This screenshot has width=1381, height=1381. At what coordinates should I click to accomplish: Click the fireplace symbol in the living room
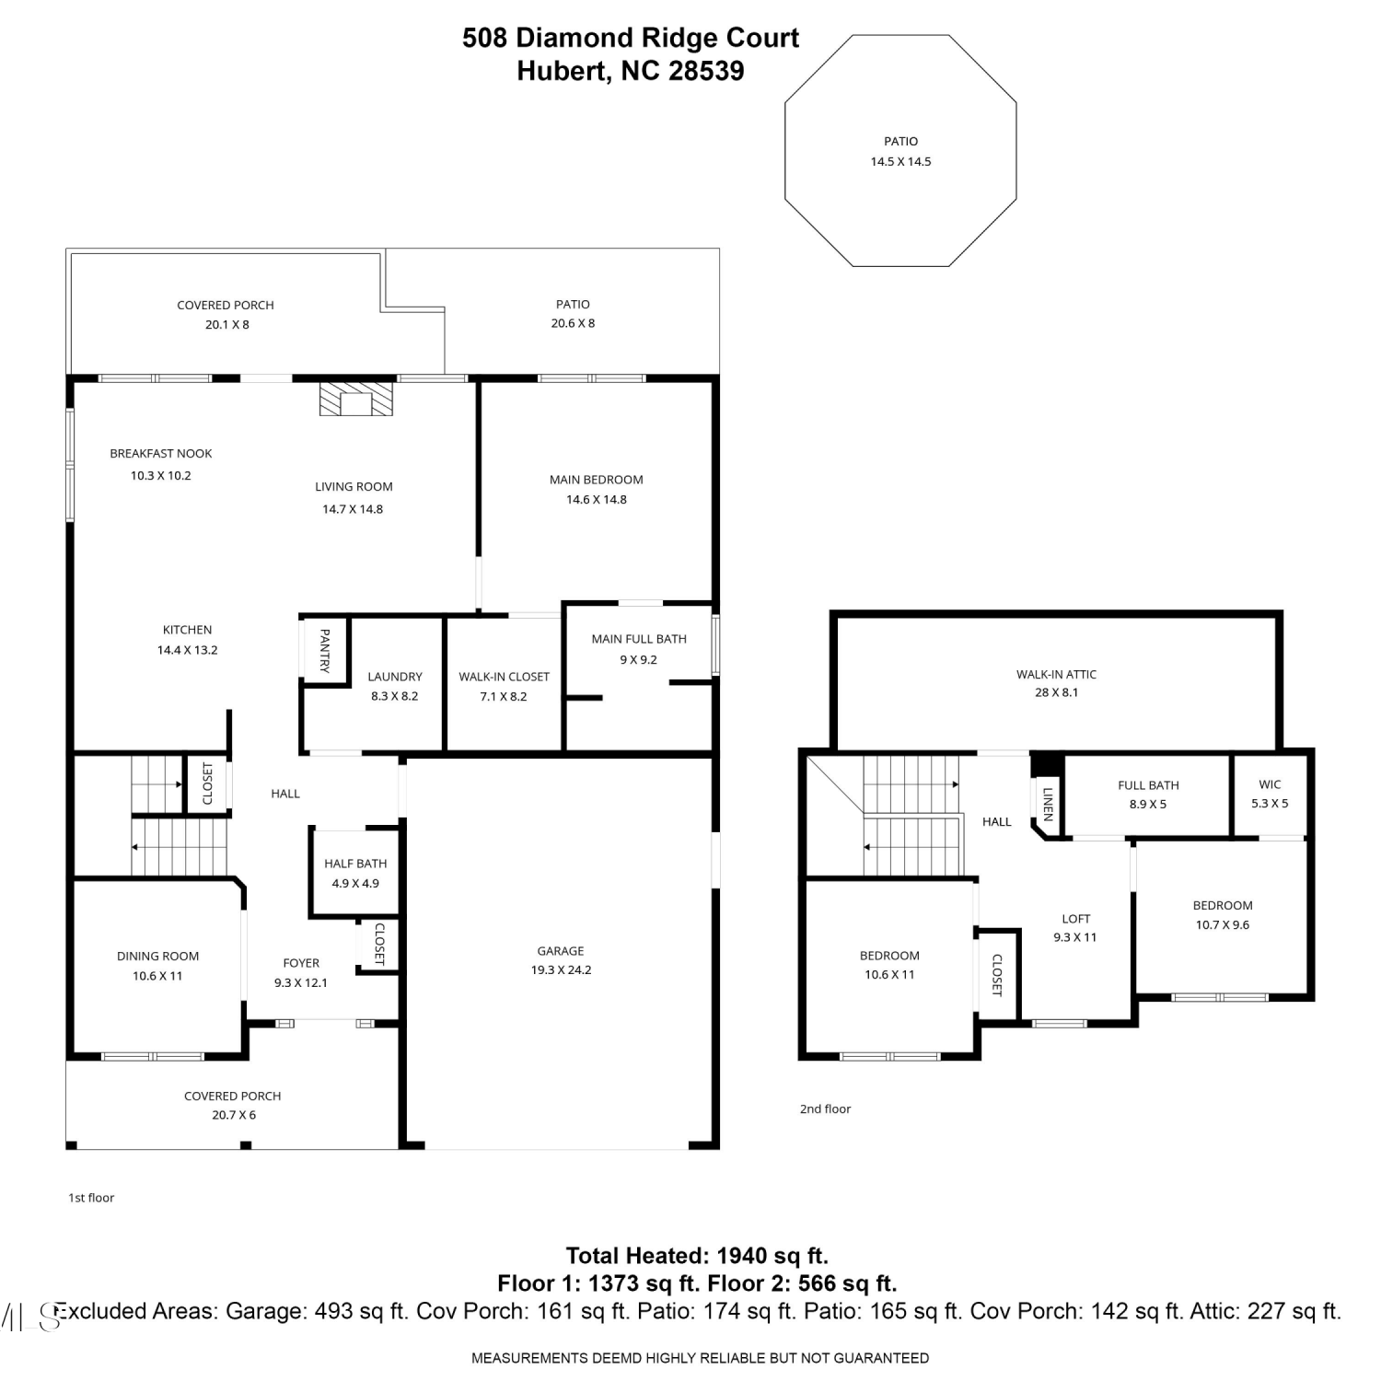coord(356,400)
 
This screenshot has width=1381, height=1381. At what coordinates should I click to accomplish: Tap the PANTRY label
coord(324,650)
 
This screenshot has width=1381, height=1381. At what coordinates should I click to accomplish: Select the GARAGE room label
coord(561,951)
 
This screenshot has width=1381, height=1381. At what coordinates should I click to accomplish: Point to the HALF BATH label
coord(355,864)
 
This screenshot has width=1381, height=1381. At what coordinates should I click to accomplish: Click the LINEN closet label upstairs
coord(1047,804)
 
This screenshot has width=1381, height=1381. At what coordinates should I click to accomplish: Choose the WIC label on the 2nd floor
coord(1270,784)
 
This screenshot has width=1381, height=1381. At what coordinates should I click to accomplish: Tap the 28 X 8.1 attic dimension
coord(1056,692)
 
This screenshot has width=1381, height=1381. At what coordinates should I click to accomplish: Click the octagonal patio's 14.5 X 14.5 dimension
coord(901,161)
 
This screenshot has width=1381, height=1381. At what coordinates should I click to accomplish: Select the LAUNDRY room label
coord(395,677)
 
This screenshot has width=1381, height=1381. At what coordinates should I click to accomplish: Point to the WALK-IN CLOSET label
coord(505,677)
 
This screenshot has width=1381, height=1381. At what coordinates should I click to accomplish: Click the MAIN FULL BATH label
coord(639,639)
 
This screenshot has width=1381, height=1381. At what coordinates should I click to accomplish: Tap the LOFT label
coord(1076,919)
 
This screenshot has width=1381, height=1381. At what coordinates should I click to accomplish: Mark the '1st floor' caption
coord(91,1198)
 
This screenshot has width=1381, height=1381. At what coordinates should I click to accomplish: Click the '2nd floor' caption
coord(825,1109)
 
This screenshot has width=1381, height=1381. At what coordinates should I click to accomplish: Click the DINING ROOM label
coord(157,957)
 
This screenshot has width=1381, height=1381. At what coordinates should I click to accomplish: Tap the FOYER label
coord(301,963)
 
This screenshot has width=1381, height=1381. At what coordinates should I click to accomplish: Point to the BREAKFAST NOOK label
coord(161,454)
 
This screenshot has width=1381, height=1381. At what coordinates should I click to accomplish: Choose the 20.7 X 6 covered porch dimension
coord(234,1115)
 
